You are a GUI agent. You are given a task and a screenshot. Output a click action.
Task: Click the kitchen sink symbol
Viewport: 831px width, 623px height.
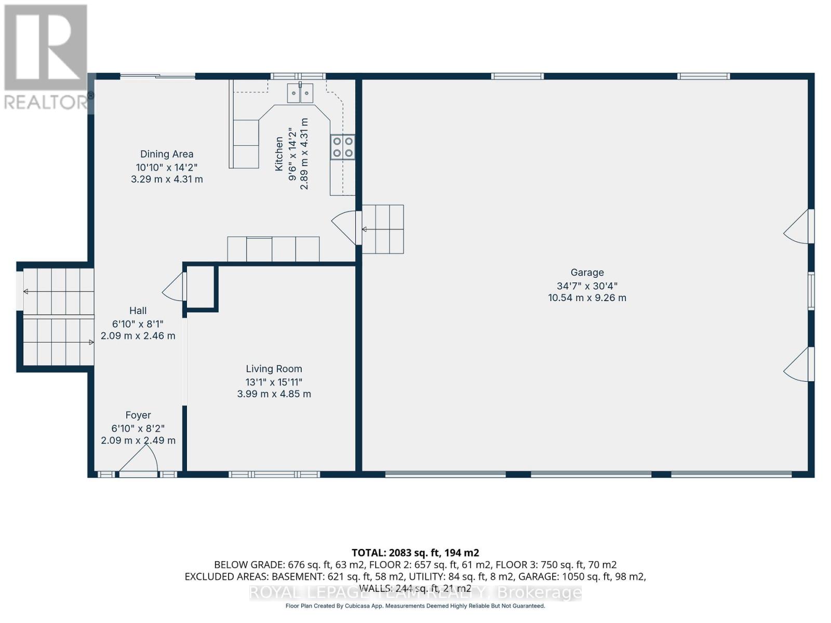pyautogui.click(x=300, y=93)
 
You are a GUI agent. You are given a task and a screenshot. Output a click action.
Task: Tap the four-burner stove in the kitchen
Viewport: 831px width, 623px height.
pyautogui.click(x=343, y=147)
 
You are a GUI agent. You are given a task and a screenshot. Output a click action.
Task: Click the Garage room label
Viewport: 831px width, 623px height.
pyautogui.click(x=587, y=273)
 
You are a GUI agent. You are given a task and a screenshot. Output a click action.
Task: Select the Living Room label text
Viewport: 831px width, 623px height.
pyautogui.click(x=274, y=369)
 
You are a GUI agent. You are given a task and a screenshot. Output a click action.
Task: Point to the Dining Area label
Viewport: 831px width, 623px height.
pyautogui.click(x=167, y=154)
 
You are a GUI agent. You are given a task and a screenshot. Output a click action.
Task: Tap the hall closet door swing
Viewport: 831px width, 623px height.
pyautogui.click(x=175, y=287)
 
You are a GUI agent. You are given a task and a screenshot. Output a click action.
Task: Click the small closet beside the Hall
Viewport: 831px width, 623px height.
pyautogui.click(x=200, y=288)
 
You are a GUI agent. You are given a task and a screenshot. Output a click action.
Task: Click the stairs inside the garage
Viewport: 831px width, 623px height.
pyautogui.click(x=383, y=229)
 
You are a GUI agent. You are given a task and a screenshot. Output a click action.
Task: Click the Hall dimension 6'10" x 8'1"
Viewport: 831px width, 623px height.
pyautogui.click(x=138, y=323)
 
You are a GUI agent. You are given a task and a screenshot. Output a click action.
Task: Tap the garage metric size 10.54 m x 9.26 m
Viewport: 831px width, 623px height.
pyautogui.click(x=587, y=298)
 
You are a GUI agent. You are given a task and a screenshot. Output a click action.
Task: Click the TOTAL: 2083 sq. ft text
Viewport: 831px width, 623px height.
pyautogui.click(x=415, y=553)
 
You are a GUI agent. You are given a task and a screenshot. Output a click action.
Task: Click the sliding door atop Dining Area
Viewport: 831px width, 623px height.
pyautogui.click(x=158, y=77)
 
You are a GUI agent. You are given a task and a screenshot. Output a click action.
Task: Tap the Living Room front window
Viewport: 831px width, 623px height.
pyautogui.click(x=274, y=474)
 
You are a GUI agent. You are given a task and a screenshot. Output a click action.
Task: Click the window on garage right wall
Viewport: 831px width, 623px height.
pyautogui.click(x=811, y=291)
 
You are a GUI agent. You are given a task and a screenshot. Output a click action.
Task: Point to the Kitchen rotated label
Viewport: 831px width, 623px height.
pyautogui.click(x=279, y=154)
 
